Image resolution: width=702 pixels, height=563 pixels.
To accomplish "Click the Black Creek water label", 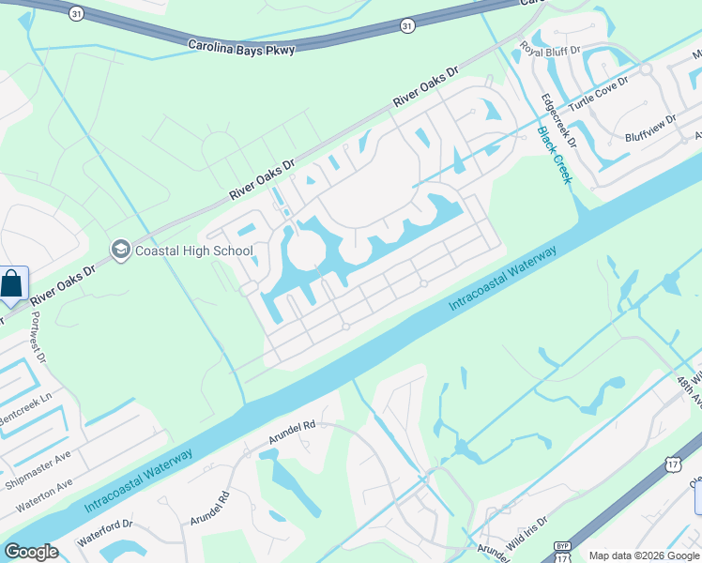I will click(554, 155).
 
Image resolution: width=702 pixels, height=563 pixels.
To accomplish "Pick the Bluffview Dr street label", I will click(649, 133).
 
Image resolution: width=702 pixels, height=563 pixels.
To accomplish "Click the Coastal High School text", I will click(193, 251).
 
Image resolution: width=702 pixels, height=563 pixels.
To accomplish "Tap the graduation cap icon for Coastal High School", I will click(120, 250).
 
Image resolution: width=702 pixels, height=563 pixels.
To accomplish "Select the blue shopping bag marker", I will click(12, 283).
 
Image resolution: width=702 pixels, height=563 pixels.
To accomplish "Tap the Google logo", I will click(31, 552).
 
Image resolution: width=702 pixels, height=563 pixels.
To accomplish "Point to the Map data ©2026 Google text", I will click(643, 555).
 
